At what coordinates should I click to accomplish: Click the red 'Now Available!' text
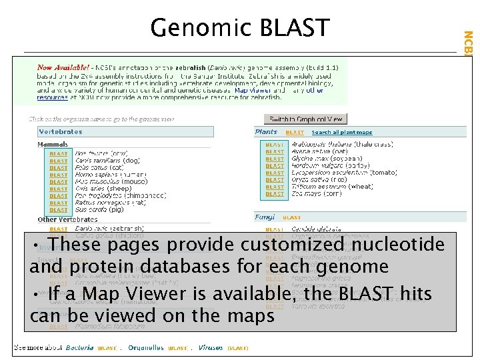pos(63,67)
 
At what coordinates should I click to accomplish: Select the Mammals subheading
pos(53,145)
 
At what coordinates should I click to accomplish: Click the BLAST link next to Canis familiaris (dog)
pos(59,161)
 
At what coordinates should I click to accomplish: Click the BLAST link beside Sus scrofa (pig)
pos(59,210)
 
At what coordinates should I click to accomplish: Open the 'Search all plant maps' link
pos(341,133)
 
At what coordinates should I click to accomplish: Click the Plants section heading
pos(266,132)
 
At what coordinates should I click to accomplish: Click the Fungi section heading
pos(265,217)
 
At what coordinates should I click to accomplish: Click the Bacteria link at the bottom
pos(79,348)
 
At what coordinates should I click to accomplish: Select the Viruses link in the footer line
pos(211,348)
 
